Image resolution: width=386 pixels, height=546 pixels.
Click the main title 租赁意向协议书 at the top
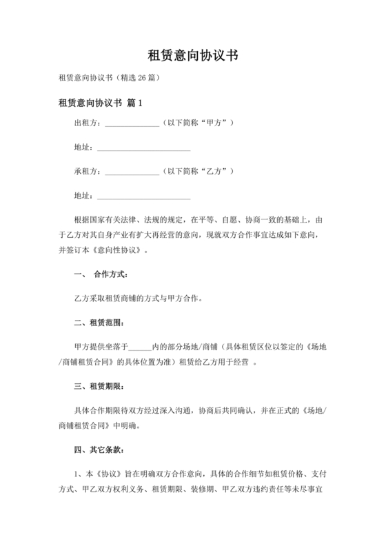point(193,56)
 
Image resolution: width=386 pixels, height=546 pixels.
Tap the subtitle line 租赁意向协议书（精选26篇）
point(110,78)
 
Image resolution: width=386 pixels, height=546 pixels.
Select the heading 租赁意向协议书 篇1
point(101,103)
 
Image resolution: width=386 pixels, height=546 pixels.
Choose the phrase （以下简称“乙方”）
point(199,170)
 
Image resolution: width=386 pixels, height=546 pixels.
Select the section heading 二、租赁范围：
point(90,322)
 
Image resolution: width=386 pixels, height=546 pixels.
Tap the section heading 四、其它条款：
point(90,449)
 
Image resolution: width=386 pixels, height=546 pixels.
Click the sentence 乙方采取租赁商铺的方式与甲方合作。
point(138,299)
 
